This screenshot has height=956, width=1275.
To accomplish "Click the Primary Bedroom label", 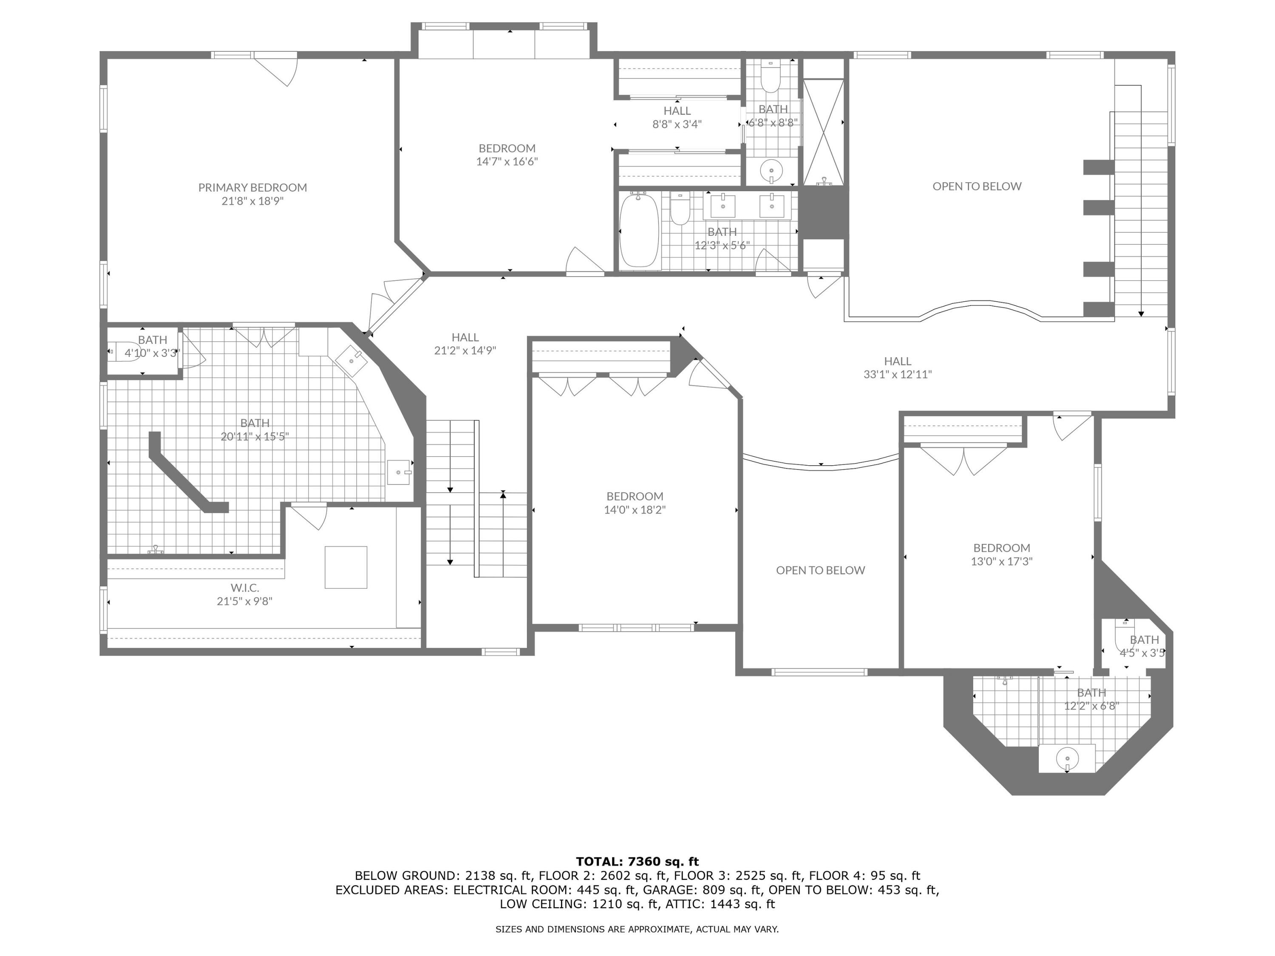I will (x=252, y=187).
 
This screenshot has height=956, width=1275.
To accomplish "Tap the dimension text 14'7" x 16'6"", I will (x=507, y=162).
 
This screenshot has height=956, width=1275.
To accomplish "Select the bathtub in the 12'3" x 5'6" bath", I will (x=639, y=230).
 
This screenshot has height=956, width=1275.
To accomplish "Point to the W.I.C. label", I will (x=245, y=588).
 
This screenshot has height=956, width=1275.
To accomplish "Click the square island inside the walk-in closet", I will (x=346, y=567).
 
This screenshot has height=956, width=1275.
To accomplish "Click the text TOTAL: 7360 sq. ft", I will (x=637, y=862).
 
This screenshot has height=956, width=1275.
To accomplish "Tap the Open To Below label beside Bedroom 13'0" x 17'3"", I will (x=820, y=570).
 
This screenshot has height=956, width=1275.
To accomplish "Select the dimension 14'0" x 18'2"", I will (x=635, y=510).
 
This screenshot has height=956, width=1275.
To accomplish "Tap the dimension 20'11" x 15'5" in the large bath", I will (x=255, y=437).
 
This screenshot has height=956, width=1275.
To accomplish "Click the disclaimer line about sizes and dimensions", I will (x=637, y=929).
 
